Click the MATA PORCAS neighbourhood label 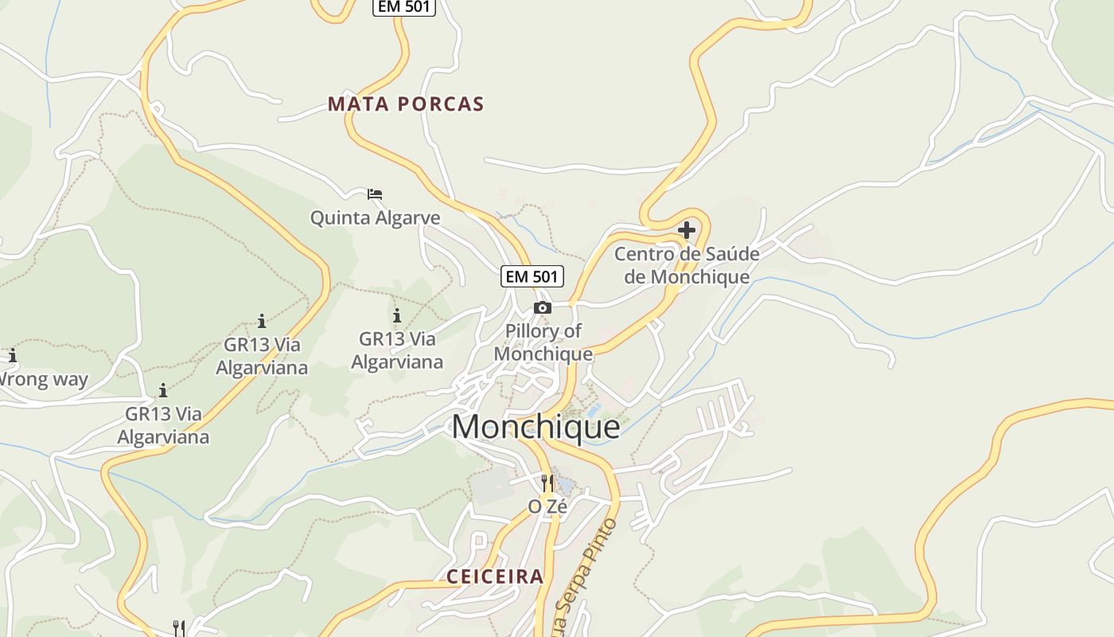coord(406,104)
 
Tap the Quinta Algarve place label coord(375,218)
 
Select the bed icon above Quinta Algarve coord(375,193)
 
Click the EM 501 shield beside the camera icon coord(532,276)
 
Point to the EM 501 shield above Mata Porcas coord(403,6)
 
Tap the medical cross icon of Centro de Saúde coord(687,231)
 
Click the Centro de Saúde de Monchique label coord(687,265)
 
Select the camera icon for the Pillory coord(543,307)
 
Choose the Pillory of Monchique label coord(543,342)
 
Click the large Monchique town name coord(536,427)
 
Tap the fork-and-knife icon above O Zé coord(547,483)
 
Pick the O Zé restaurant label coord(547,506)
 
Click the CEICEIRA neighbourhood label coord(495,576)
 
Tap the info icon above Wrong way coord(12,355)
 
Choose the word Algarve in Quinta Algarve coord(409,218)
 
